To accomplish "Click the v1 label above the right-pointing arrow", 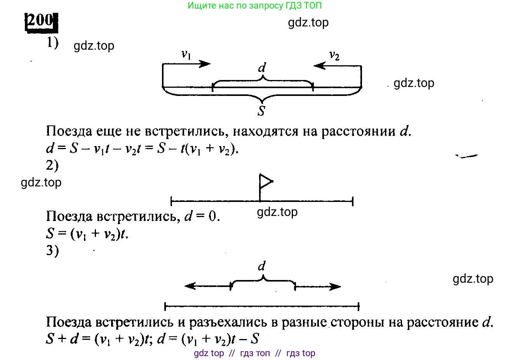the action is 186,55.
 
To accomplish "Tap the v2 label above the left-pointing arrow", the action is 334,56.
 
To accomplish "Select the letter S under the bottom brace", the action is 261,111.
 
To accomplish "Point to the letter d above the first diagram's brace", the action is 262,67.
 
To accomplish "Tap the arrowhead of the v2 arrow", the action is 320,66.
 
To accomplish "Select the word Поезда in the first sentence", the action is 69,132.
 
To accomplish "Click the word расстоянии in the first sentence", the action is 359,132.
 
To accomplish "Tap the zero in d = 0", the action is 212,216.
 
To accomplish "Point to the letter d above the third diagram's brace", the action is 262,266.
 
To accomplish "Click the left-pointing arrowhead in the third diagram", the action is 190,286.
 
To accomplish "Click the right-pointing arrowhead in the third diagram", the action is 335,287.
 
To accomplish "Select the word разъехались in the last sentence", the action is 228,322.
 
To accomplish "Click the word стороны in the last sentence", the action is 357,323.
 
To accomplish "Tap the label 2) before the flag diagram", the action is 52,165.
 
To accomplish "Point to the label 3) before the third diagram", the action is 52,250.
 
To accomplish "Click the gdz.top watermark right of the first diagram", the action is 414,83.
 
